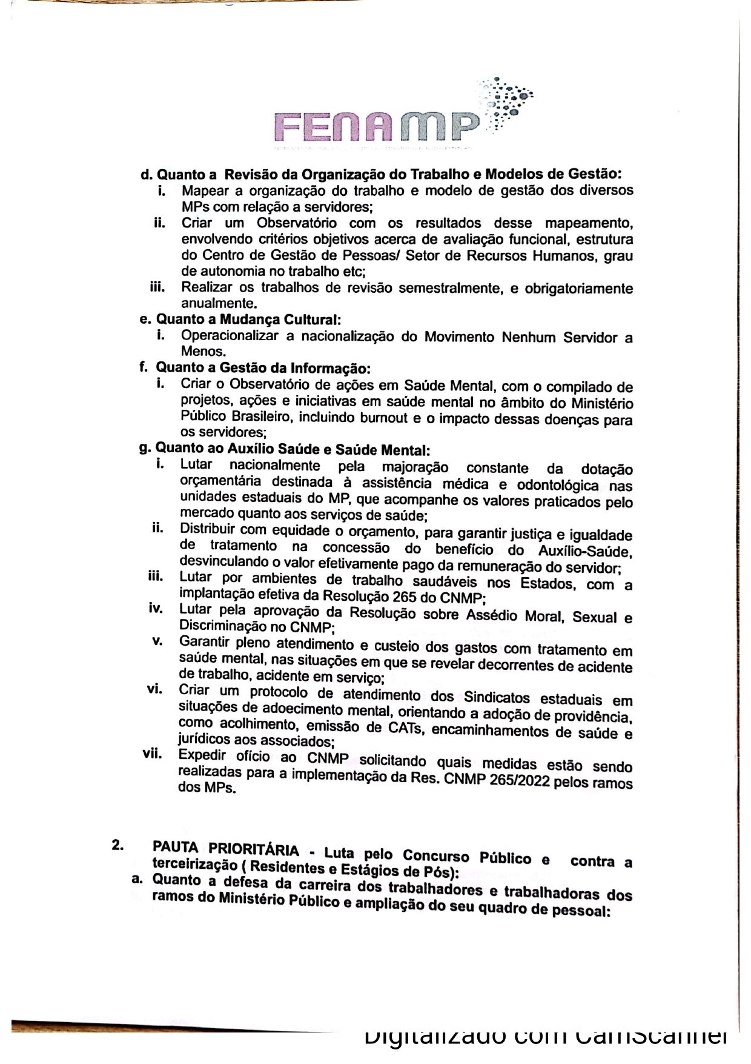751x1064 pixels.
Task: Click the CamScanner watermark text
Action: point(545,1036)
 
